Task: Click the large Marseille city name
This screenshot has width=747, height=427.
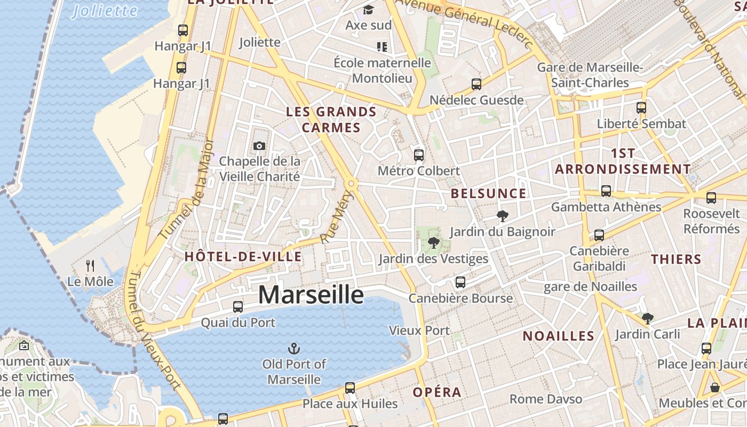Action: pyautogui.click(x=311, y=295)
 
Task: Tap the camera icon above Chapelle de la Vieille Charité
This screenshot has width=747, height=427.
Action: pyautogui.click(x=259, y=146)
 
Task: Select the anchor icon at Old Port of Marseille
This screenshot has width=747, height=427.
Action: pyautogui.click(x=293, y=349)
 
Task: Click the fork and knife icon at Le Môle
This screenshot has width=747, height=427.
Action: pyautogui.click(x=90, y=265)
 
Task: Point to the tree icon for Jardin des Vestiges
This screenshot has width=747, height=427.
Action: pyautogui.click(x=433, y=243)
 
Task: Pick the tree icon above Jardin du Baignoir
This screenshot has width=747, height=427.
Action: pyautogui.click(x=502, y=216)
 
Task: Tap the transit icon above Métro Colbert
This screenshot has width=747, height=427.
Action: pyautogui.click(x=419, y=155)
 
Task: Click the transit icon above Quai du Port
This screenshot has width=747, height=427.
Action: pyautogui.click(x=238, y=307)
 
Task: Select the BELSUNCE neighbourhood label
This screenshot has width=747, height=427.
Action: pyautogui.click(x=488, y=193)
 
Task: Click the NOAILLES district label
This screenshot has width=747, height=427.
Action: pyautogui.click(x=558, y=336)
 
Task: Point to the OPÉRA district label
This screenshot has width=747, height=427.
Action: pyautogui.click(x=437, y=392)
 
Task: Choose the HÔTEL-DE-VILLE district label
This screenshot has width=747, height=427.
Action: pyautogui.click(x=243, y=257)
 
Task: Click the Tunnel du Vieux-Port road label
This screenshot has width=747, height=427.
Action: pyautogui.click(x=155, y=331)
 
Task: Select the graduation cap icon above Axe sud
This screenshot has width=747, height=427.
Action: pyautogui.click(x=368, y=10)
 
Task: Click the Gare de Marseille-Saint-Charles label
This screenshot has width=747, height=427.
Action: pyautogui.click(x=590, y=75)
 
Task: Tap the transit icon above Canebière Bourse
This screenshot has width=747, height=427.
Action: pyautogui.click(x=460, y=282)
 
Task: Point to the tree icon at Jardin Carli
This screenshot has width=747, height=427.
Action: pyautogui.click(x=648, y=319)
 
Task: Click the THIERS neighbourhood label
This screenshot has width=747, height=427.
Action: pyautogui.click(x=676, y=259)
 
